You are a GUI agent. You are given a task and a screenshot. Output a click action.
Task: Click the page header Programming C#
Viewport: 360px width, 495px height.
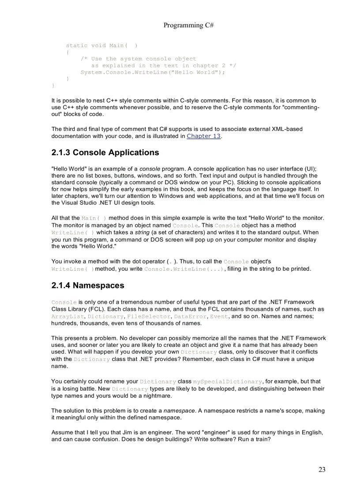coord(188,25)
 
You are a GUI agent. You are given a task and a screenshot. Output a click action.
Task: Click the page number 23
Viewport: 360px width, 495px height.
coord(322,469)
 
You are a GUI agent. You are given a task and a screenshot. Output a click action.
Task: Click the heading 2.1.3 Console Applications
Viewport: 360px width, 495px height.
coord(105,153)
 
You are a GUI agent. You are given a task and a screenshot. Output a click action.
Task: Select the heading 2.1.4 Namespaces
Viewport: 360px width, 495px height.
coord(88,285)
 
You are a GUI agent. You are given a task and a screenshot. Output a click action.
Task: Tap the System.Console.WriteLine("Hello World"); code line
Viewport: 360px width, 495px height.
coord(153,72)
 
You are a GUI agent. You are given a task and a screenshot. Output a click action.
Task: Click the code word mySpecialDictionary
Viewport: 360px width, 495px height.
coord(228,382)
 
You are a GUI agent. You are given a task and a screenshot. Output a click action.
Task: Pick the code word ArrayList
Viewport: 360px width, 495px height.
coord(68,316)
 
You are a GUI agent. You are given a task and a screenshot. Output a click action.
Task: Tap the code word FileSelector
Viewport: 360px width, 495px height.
coord(149,316)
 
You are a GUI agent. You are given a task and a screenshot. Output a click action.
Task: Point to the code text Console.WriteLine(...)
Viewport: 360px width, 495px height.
coord(184,269)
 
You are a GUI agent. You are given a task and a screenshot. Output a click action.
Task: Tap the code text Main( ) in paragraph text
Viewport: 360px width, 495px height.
coord(94,218)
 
